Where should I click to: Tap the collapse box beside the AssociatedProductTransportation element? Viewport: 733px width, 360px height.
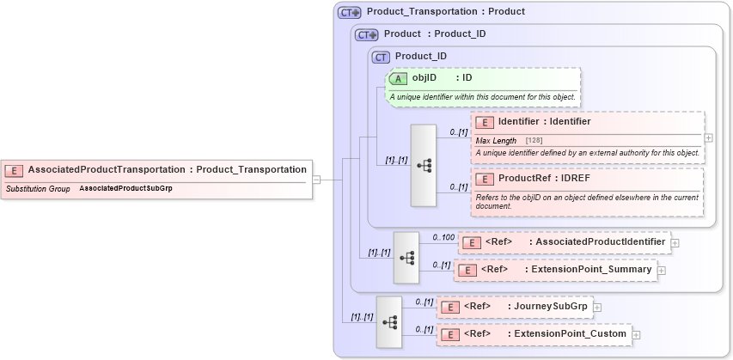(x=316, y=180)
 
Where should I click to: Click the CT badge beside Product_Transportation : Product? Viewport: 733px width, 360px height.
(x=348, y=13)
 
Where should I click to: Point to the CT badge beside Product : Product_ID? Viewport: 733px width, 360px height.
(x=367, y=34)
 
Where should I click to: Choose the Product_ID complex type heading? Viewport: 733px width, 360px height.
(x=420, y=57)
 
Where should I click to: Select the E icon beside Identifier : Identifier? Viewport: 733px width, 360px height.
(x=485, y=122)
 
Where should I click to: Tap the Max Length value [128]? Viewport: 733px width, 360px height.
(x=534, y=140)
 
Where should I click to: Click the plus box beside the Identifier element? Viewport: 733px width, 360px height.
(x=708, y=137)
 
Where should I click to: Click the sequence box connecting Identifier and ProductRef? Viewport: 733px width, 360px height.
(x=424, y=165)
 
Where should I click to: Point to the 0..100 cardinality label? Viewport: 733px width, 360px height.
(x=443, y=236)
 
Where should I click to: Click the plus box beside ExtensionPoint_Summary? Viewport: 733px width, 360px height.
(x=661, y=271)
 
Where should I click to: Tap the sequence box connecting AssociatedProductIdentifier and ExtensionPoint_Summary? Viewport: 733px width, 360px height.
(x=406, y=257)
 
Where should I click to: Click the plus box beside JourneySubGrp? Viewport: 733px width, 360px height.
(x=596, y=307)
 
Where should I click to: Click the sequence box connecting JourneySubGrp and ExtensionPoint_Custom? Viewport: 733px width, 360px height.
(x=389, y=321)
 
